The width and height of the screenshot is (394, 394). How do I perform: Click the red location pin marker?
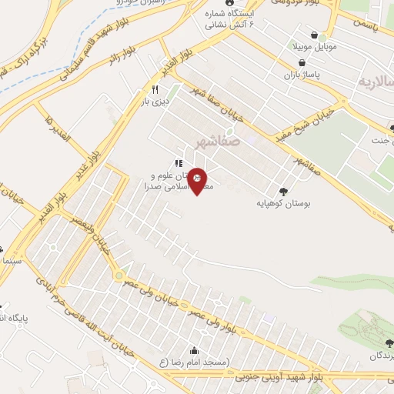[x=198, y=181]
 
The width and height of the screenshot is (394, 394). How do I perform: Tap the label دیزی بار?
[x=158, y=100]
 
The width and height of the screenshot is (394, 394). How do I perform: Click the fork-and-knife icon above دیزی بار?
[x=155, y=90]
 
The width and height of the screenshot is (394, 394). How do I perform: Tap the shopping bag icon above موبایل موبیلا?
[x=314, y=35]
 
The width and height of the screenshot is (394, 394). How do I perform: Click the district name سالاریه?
[x=375, y=80]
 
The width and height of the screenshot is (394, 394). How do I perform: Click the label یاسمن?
[x=367, y=25]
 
